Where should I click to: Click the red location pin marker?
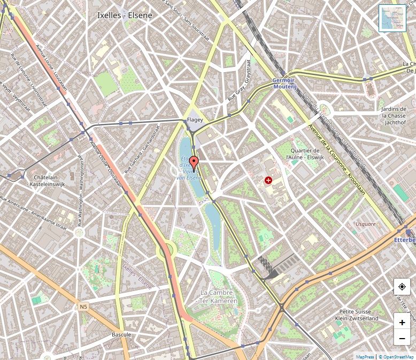194,163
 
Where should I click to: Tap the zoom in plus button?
402,322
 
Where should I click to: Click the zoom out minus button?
402,338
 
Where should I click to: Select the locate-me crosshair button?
402,287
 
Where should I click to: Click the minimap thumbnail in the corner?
392,18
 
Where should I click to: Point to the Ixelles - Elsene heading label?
125,16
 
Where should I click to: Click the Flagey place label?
195,120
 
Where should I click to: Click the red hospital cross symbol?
268,181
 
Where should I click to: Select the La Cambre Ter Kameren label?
218,297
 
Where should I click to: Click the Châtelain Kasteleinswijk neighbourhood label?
49,180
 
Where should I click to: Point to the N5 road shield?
83,307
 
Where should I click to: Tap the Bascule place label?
121,334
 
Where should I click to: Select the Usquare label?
365,224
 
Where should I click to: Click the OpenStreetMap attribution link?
397,356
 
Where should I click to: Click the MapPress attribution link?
365,356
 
